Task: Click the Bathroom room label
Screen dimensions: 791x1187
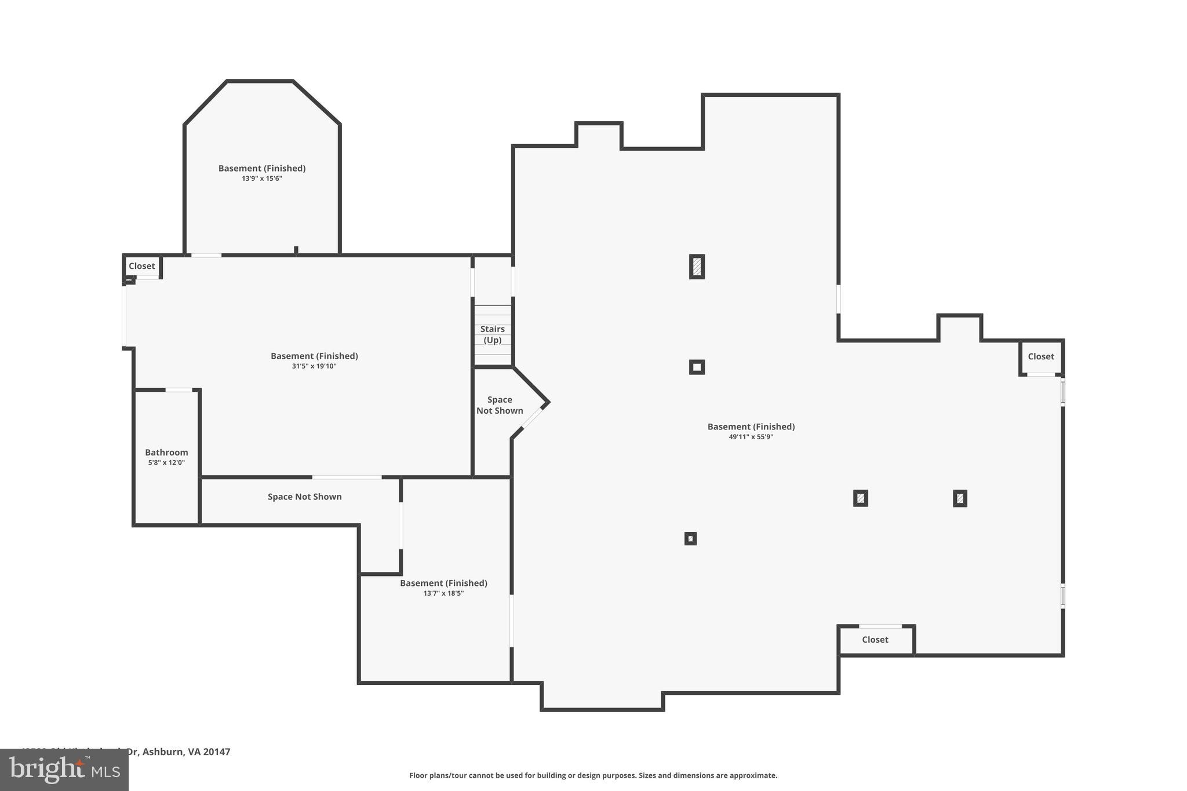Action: point(166,452)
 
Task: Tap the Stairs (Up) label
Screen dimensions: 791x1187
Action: point(492,334)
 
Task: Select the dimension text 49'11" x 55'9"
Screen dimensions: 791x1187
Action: point(751,437)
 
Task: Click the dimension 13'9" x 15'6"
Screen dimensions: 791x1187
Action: point(261,178)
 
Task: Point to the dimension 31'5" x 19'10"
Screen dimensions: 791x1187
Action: point(314,366)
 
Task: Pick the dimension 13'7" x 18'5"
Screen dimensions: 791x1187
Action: point(443,593)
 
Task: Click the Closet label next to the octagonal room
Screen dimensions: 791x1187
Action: point(141,266)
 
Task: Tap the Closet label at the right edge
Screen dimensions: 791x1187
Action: point(1040,356)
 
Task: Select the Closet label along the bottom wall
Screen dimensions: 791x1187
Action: point(875,639)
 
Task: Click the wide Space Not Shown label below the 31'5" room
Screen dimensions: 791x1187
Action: point(304,497)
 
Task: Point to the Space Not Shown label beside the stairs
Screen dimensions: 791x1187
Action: point(500,405)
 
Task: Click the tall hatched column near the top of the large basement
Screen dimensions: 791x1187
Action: point(697,267)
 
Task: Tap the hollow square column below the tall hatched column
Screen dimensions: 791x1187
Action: point(697,367)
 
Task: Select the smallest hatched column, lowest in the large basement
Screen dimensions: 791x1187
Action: point(690,538)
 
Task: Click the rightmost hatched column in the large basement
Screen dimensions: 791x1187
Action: point(960,498)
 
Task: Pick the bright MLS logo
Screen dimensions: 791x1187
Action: point(64,770)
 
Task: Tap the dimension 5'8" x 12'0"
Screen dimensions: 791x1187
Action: point(166,462)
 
